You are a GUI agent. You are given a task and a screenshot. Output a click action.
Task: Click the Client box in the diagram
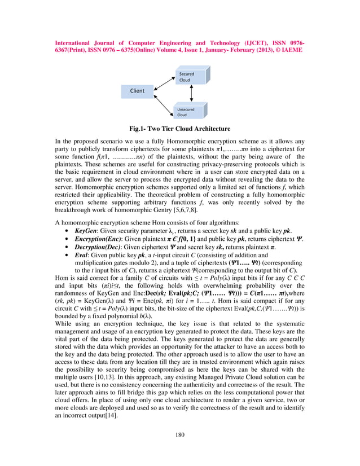tap(137, 91)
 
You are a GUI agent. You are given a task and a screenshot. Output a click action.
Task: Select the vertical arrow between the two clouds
tap(193, 94)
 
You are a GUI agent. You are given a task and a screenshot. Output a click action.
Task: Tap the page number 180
tap(180, 434)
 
